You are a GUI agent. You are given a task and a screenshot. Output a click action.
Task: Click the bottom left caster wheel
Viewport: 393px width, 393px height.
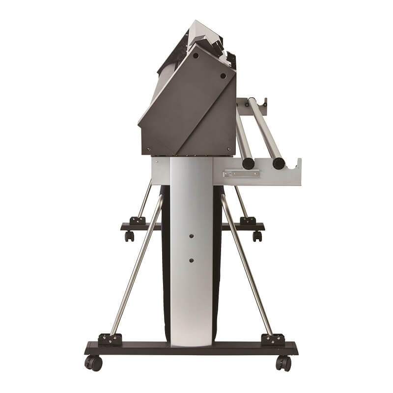[94, 363]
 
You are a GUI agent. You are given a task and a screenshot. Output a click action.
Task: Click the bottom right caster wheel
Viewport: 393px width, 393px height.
[283, 363]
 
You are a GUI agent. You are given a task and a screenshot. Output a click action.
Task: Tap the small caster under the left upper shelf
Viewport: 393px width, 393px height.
[129, 236]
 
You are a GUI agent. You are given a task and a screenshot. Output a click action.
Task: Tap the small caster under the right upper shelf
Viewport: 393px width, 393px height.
[257, 236]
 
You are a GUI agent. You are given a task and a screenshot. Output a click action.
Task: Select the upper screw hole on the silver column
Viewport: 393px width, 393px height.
[191, 236]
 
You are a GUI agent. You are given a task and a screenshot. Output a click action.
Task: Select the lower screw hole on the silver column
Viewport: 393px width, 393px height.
[191, 260]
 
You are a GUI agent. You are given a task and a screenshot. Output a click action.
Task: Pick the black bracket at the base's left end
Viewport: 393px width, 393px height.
[110, 339]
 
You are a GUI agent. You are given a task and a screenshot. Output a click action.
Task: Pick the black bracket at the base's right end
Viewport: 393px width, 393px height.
[273, 339]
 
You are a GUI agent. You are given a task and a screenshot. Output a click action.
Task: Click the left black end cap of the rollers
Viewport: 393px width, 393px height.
[249, 164]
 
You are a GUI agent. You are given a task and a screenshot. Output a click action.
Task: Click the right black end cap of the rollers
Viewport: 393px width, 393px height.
[279, 163]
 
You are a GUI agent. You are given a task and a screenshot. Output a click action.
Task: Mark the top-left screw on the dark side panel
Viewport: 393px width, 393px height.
[196, 56]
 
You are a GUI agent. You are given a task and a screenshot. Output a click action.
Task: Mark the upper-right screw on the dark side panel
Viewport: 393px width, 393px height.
[223, 76]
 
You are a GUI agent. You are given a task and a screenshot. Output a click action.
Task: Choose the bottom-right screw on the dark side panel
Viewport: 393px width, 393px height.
[228, 148]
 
